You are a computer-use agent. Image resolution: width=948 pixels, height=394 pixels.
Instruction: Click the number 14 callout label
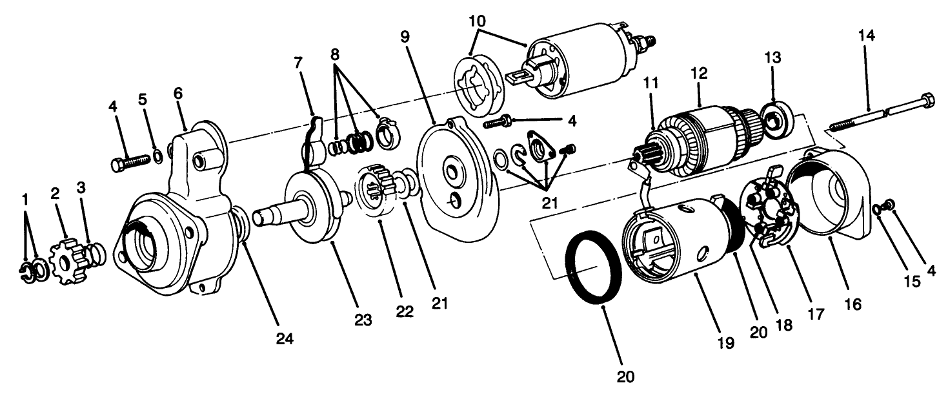point(866,36)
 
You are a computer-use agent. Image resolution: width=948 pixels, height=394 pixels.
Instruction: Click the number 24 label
point(285,338)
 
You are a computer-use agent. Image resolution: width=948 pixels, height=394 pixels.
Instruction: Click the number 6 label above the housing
point(177,93)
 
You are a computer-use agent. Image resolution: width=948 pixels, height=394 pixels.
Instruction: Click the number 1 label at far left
point(25,200)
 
